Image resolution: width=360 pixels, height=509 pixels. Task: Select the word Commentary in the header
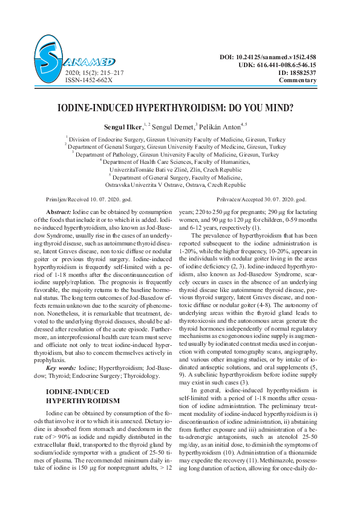[x=298, y=80]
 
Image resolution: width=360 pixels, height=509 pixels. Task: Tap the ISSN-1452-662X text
[x=89, y=79]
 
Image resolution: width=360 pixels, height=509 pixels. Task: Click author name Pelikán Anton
[x=220, y=127]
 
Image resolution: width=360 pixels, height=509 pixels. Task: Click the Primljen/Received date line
[x=89, y=199]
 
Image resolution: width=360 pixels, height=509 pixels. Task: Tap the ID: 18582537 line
[x=297, y=72]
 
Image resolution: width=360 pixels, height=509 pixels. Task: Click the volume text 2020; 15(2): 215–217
[x=93, y=72]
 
